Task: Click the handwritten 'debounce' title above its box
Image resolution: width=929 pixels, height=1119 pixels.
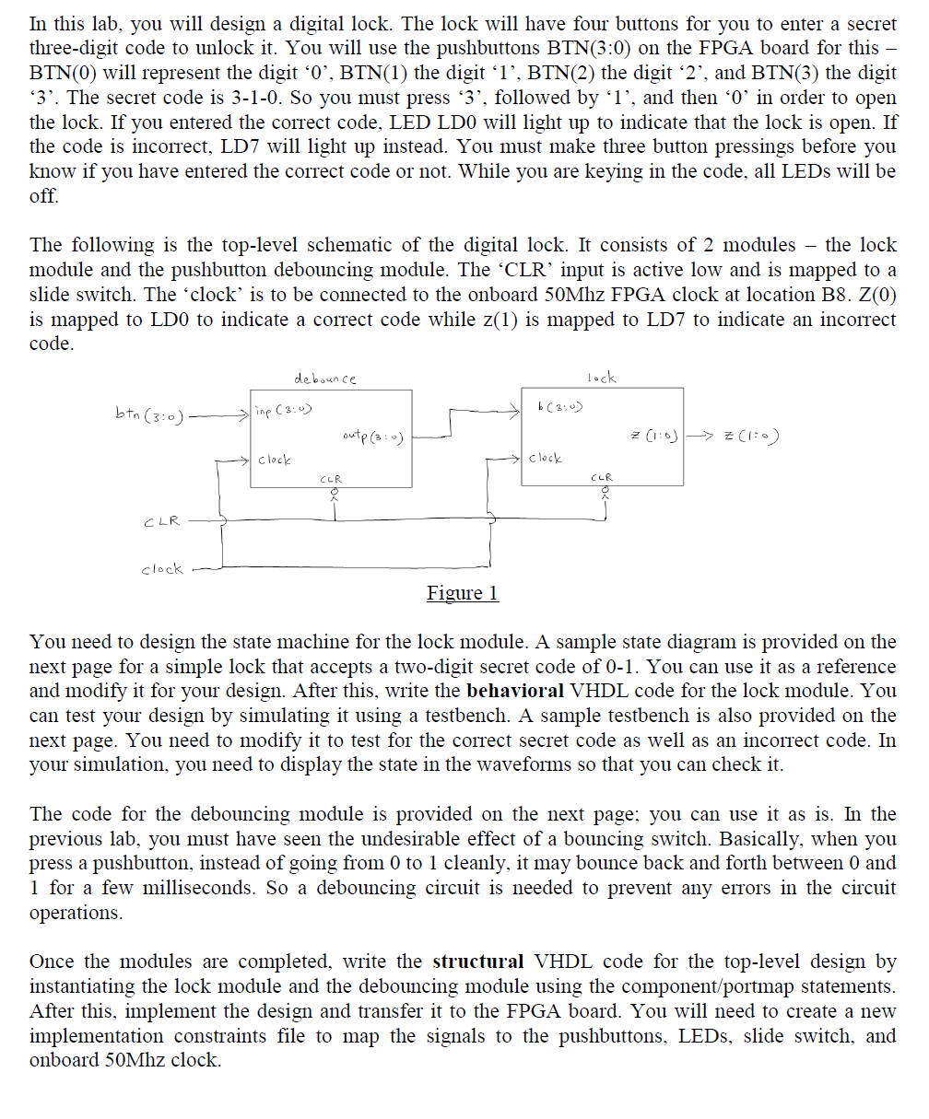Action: click(324, 379)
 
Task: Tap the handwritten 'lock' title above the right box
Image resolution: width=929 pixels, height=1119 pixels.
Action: click(601, 378)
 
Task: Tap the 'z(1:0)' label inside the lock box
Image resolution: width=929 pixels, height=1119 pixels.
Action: click(653, 436)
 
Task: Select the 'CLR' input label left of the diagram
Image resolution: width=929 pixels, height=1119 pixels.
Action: click(161, 522)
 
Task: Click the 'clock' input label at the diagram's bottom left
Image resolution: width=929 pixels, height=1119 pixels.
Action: click(161, 569)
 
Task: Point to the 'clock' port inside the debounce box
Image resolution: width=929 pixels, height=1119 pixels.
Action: click(275, 459)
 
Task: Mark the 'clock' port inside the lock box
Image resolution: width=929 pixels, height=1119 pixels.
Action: click(544, 458)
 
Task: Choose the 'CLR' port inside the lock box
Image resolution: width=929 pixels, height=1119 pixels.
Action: click(600, 478)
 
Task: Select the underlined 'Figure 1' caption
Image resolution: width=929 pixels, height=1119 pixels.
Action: click(463, 593)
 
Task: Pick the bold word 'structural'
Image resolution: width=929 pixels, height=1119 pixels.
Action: click(477, 962)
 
